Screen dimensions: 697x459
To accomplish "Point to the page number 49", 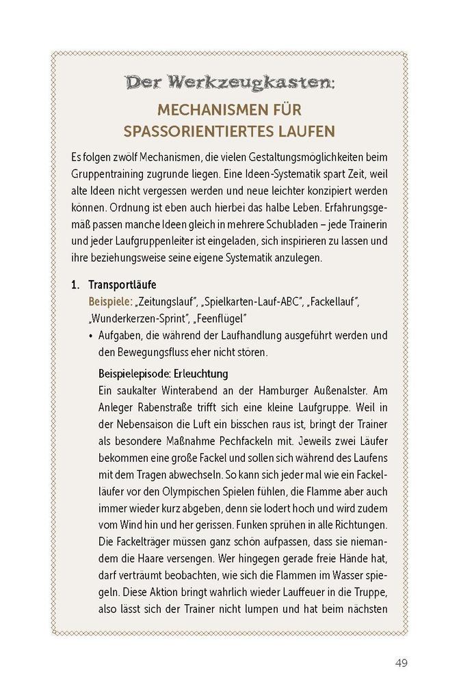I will (x=402, y=663).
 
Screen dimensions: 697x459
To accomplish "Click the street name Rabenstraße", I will (x=161, y=409).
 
